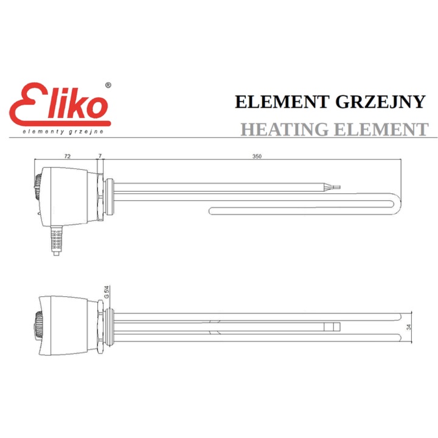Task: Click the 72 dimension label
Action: click(x=68, y=156)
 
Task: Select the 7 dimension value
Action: click(x=100, y=156)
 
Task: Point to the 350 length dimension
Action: click(x=257, y=156)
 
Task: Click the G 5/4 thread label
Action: click(x=106, y=293)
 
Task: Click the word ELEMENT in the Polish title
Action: click(x=283, y=102)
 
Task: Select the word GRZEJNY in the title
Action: click(x=380, y=102)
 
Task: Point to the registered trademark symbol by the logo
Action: click(x=108, y=86)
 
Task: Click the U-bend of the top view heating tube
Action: click(x=395, y=204)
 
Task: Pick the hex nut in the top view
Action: click(x=99, y=196)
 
